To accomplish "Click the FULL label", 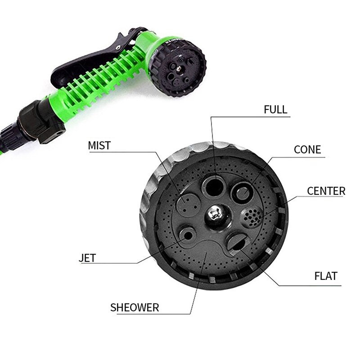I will coord(275,110).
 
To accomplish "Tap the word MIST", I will coord(99,145).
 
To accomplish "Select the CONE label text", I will coord(307,150).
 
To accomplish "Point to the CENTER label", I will coord(326,191).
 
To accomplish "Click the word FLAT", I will coord(326,276).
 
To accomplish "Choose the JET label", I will coord(87,258).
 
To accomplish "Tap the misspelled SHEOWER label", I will coord(135,308).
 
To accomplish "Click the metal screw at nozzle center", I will coord(215,214).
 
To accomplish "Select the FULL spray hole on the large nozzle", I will coord(213,185).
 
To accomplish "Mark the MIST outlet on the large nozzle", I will coord(186,205).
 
